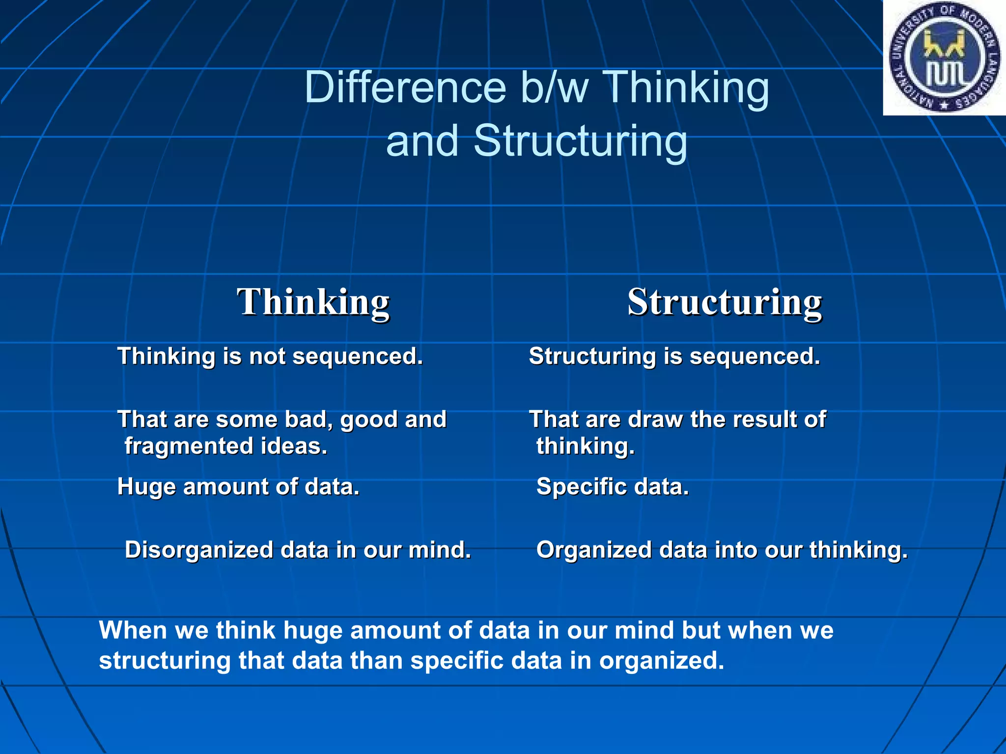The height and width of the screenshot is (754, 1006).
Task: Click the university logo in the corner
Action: click(945, 57)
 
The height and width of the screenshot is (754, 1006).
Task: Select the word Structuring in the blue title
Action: click(580, 141)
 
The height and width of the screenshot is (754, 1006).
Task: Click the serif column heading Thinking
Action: click(313, 302)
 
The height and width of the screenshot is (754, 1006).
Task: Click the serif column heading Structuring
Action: click(725, 302)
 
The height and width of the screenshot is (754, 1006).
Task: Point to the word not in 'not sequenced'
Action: click(267, 356)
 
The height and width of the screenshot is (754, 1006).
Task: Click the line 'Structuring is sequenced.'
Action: click(674, 356)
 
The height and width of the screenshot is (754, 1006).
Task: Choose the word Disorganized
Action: click(199, 550)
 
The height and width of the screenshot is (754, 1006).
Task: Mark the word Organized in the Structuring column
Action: click(594, 550)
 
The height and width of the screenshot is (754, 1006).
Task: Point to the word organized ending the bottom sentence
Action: click(661, 661)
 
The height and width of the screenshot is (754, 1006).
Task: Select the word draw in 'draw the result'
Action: click(655, 420)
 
